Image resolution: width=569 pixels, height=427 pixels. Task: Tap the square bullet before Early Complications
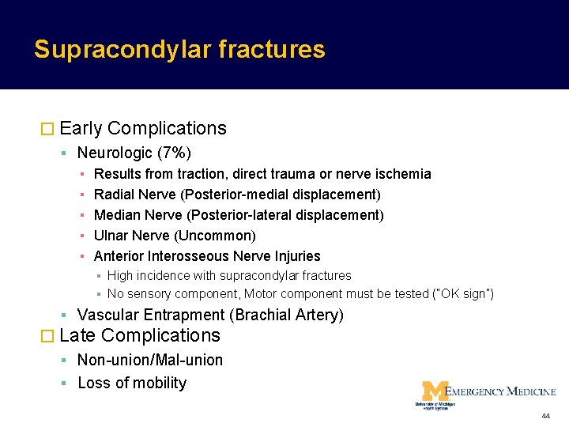[x=47, y=129]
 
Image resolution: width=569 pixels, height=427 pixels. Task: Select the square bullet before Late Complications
[x=47, y=336]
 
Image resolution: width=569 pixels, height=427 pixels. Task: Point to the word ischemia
[x=403, y=174]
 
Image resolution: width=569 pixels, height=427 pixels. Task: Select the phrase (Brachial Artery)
[x=286, y=316]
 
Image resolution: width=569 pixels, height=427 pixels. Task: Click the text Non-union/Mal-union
[x=150, y=361]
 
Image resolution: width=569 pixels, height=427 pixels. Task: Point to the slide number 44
[x=545, y=416]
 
